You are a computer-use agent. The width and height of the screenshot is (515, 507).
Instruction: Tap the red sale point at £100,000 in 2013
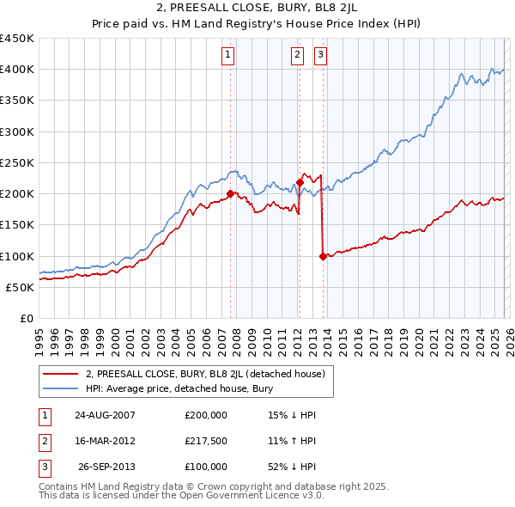pyautogui.click(x=323, y=256)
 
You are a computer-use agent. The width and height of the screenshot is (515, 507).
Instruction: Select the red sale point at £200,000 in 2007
pyautogui.click(x=230, y=194)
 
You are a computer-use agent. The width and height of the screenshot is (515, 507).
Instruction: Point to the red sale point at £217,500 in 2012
pyautogui.click(x=300, y=182)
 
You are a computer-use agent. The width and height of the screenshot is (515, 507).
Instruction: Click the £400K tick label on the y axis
pyautogui.click(x=17, y=70)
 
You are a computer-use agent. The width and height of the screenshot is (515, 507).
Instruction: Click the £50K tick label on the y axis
pyautogui.click(x=21, y=287)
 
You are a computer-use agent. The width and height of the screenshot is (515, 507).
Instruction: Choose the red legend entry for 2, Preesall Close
pyautogui.click(x=204, y=374)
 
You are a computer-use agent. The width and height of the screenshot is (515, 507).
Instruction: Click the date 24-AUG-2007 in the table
pyautogui.click(x=105, y=415)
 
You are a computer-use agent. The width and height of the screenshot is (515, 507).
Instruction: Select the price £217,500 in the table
pyautogui.click(x=206, y=441)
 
